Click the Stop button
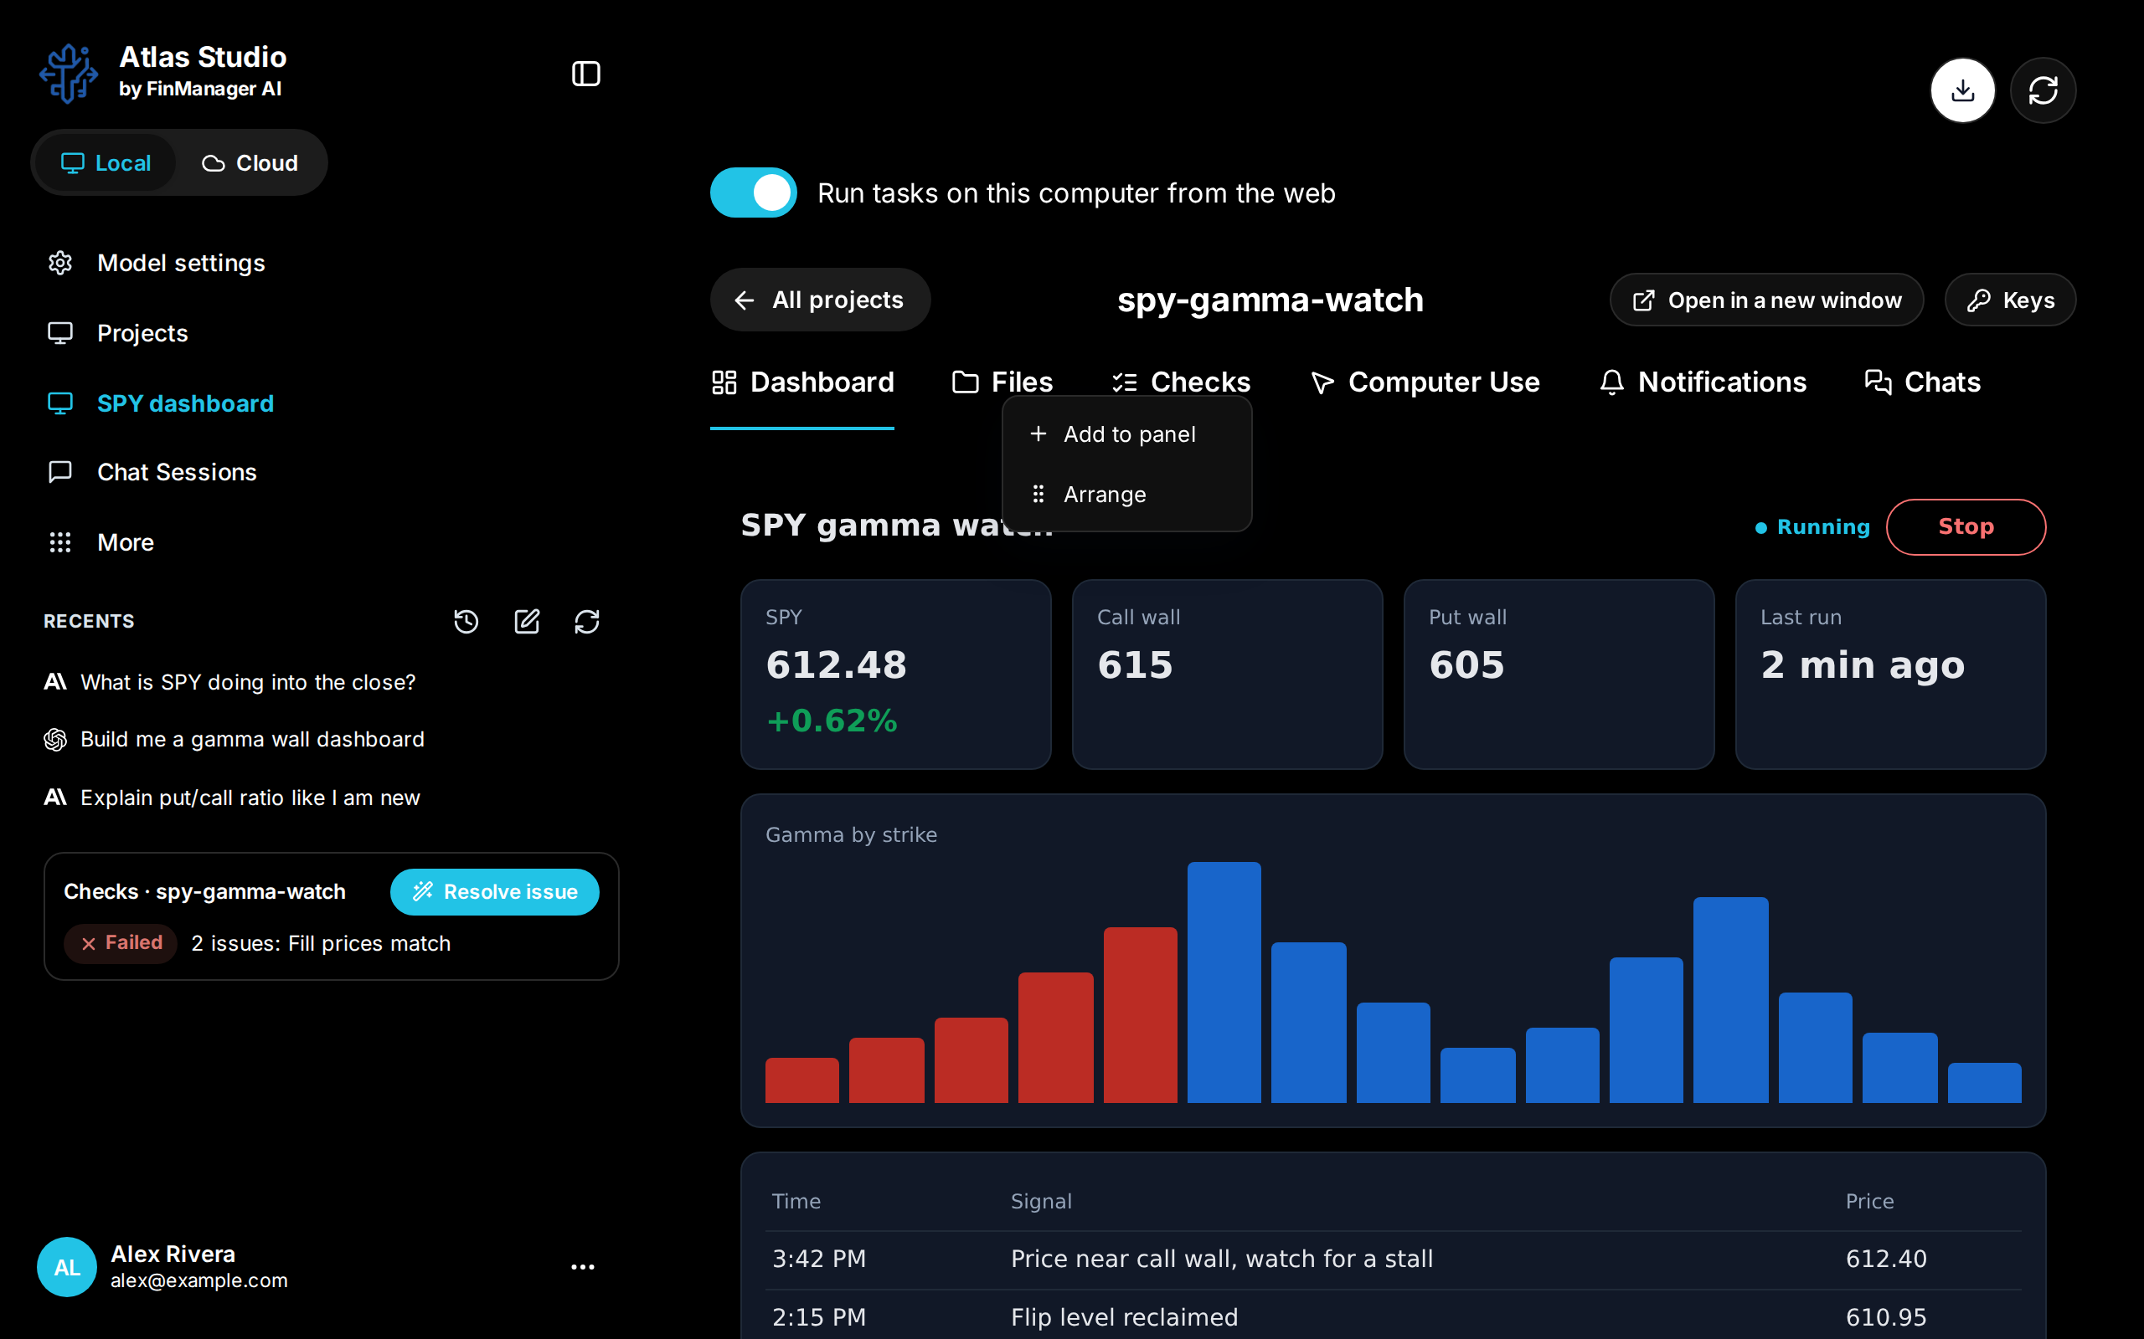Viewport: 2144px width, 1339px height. [1965, 527]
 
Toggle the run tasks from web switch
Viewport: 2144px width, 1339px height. [753, 192]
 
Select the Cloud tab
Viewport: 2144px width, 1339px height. [250, 163]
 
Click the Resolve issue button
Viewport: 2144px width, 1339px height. [494, 892]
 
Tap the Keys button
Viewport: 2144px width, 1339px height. [2010, 300]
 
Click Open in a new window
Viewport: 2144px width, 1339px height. [1766, 300]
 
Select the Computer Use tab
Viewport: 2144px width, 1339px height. [1425, 382]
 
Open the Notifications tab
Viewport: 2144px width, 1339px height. [1703, 382]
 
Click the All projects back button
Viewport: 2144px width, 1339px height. [820, 300]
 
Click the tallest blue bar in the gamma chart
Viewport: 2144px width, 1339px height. [1224, 982]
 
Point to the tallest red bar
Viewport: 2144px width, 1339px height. [1140, 1015]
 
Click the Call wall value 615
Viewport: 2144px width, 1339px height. [1135, 665]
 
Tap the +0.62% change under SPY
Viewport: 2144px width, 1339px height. [832, 721]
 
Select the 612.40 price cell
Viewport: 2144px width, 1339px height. [1886, 1259]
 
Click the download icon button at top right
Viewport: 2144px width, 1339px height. [1962, 90]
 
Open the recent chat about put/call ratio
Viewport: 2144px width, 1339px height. [250, 798]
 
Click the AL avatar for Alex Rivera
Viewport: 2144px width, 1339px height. [66, 1266]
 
